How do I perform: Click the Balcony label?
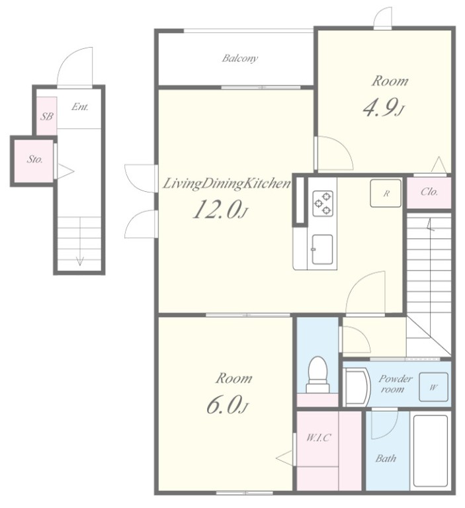pyautogui.click(x=240, y=58)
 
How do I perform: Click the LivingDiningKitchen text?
pyautogui.click(x=226, y=184)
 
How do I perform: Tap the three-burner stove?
pyautogui.click(x=323, y=204)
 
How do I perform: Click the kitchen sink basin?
pyautogui.click(x=322, y=249)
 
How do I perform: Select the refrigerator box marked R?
pyautogui.click(x=386, y=193)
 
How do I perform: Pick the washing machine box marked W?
pyautogui.click(x=433, y=387)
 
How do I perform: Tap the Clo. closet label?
pyautogui.click(x=429, y=192)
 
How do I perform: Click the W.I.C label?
pyautogui.click(x=319, y=438)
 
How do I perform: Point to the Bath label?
pyautogui.click(x=386, y=458)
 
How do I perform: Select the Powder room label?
pyautogui.click(x=395, y=384)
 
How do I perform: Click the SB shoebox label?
pyautogui.click(x=47, y=116)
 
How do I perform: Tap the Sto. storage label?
pyautogui.click(x=34, y=159)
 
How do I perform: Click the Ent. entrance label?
pyautogui.click(x=80, y=106)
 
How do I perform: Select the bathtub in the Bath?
pyautogui.click(x=431, y=450)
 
